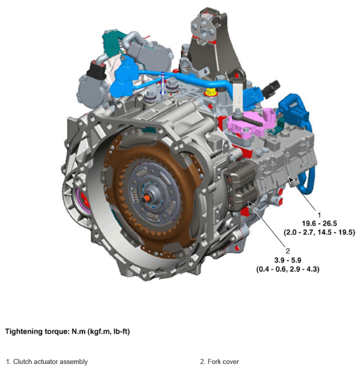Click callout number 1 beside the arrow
coord(319,215)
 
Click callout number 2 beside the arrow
coord(287,251)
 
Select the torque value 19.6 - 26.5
coord(320,224)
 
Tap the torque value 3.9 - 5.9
coord(287,260)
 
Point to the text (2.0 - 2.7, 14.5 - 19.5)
coord(320,232)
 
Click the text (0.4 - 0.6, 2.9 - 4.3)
coord(288,269)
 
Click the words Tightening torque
coord(37,332)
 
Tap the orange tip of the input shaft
coord(147,198)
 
